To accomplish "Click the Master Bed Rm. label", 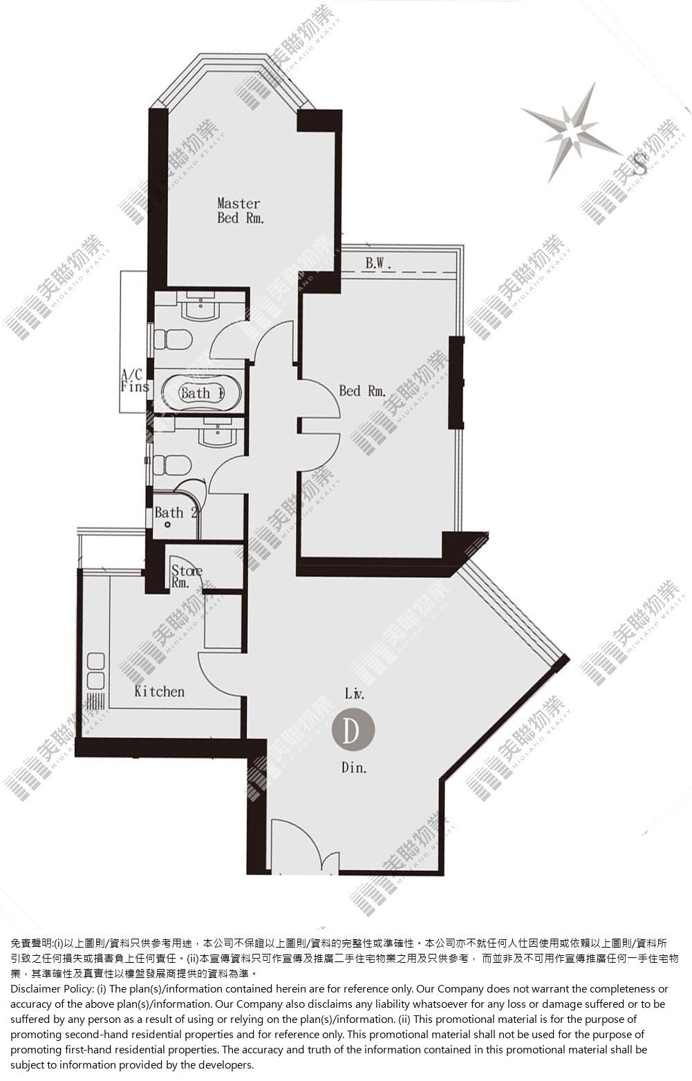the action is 241,210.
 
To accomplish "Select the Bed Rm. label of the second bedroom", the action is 362,391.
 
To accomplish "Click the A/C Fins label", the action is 134,380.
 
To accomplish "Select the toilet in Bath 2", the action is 172,466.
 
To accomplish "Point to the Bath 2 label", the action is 176,513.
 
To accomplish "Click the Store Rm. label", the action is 186,576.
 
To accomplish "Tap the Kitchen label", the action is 159,692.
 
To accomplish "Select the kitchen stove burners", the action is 95,671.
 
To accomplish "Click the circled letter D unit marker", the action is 353,731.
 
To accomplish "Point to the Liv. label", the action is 355,693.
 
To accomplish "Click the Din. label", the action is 354,767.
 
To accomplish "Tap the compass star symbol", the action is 572,133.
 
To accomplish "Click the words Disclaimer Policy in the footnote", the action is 52,989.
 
